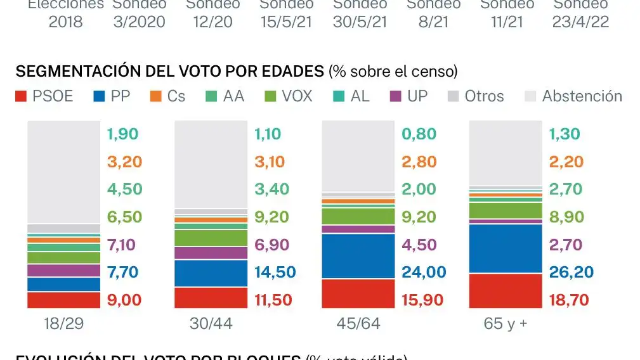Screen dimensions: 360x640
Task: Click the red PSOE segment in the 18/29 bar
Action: click(63, 300)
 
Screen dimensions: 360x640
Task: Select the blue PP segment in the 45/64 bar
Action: click(358, 255)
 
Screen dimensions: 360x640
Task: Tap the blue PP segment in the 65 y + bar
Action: click(506, 248)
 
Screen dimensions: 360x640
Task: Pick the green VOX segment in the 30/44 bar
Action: click(211, 238)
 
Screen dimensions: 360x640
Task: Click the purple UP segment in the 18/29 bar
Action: click(63, 271)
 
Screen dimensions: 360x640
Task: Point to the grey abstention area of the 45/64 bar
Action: click(358, 155)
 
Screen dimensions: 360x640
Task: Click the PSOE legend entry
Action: click(44, 96)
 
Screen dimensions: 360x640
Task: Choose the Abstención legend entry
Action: click(573, 96)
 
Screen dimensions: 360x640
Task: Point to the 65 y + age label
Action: click(505, 324)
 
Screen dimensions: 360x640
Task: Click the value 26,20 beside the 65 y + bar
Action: click(571, 273)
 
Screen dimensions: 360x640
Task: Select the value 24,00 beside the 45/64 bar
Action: click(424, 273)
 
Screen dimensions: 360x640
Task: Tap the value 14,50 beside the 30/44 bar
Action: click(275, 273)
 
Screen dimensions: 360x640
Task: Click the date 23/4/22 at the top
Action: click(580, 22)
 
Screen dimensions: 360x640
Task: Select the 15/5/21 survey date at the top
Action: click(286, 22)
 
